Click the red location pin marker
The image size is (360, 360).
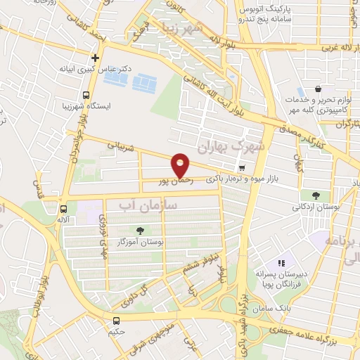point(181,165)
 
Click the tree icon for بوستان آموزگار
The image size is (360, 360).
point(140,230)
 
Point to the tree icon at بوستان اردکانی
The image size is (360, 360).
point(314,195)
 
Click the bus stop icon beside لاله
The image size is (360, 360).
point(64,209)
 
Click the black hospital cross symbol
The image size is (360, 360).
point(96,58)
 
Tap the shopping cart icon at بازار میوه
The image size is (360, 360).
point(242,168)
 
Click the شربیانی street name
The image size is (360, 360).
point(120,146)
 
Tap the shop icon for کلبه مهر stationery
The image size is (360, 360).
point(319,89)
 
